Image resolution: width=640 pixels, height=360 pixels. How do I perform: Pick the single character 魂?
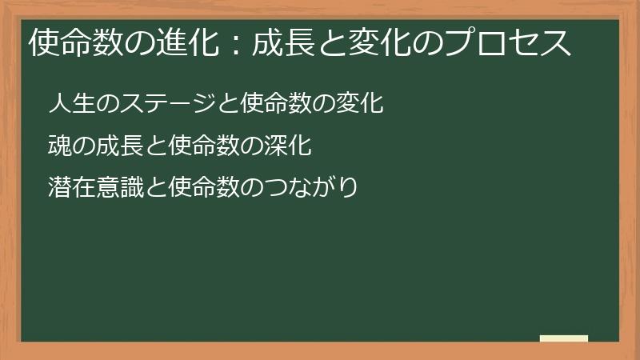tap(58, 147)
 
